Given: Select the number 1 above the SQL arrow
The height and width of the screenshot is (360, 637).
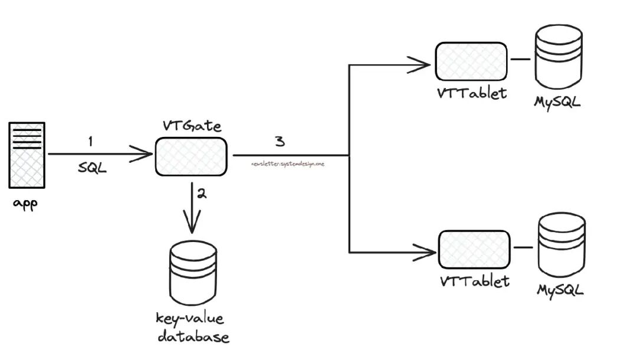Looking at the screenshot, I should pos(90,142).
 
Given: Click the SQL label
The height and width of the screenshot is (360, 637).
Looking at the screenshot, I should pos(93,168).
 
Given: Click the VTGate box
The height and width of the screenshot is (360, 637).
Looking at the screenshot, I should pos(192,156).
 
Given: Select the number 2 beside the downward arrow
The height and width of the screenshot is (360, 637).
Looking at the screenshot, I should pos(202,194).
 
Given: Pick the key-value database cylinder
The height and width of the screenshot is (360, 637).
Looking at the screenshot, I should pos(191,274).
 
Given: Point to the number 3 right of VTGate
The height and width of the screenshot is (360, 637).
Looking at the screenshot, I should pos(280,142).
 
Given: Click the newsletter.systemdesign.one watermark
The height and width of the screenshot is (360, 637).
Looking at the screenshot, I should pos(288,163).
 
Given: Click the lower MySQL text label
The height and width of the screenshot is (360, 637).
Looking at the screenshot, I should pos(560,290).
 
